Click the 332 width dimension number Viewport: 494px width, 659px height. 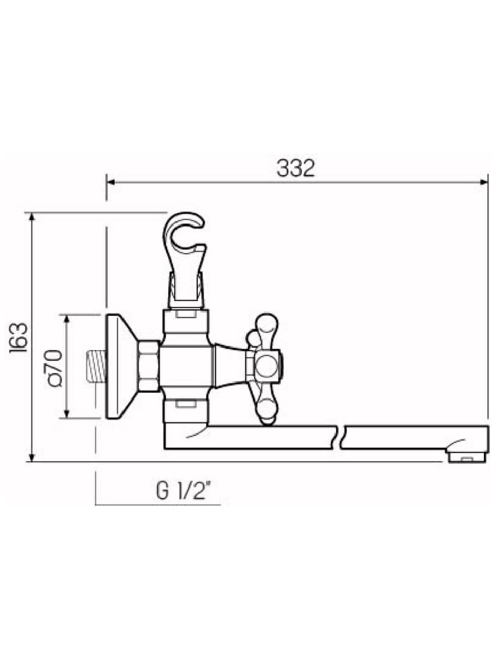click(295, 168)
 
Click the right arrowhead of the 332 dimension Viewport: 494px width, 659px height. click(484, 182)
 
